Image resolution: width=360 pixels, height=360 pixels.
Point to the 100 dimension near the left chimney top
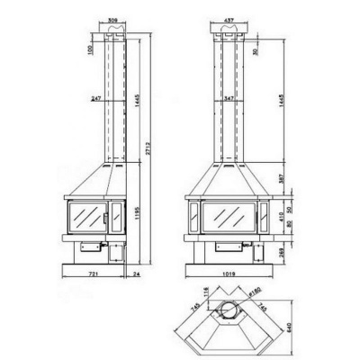[91, 48]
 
